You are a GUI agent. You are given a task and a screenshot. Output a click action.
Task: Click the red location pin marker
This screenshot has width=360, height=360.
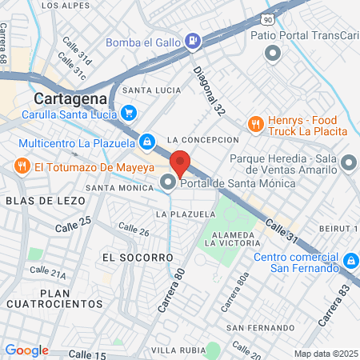[180, 162]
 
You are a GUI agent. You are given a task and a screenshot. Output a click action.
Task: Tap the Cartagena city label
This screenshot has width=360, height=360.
[70, 98]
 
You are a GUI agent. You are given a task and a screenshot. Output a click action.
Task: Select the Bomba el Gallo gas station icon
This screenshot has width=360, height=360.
[193, 40]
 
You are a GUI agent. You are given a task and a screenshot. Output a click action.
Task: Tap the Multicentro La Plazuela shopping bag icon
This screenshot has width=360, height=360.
[147, 142]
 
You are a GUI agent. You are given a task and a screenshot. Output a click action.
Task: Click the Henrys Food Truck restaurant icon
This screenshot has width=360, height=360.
[255, 124]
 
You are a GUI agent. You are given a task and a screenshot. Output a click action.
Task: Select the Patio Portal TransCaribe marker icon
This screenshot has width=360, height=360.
[272, 54]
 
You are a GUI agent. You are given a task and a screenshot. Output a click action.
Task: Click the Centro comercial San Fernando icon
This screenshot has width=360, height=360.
[350, 262]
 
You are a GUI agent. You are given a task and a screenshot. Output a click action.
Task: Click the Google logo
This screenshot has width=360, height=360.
[27, 350]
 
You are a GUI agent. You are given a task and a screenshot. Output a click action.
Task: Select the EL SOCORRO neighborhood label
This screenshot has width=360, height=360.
[138, 258]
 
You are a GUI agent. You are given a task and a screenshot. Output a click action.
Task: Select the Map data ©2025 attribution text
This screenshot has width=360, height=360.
[325, 353]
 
